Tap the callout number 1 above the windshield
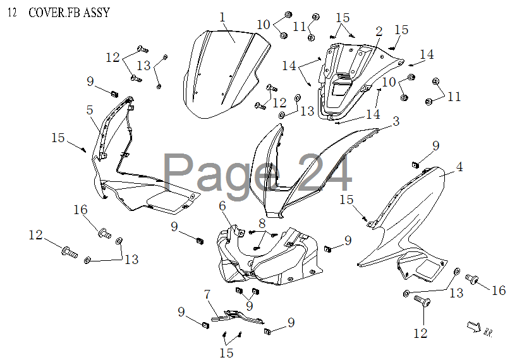coord(222,17)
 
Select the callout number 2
coord(379,32)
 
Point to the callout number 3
coord(396,121)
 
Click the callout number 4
coord(460,167)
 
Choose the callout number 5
coord(90,110)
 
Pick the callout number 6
coord(222,206)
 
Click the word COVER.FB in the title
coord(51,13)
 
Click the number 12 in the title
coord(13,13)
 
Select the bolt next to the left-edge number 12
coord(68,251)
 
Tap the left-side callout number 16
coord(80,210)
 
